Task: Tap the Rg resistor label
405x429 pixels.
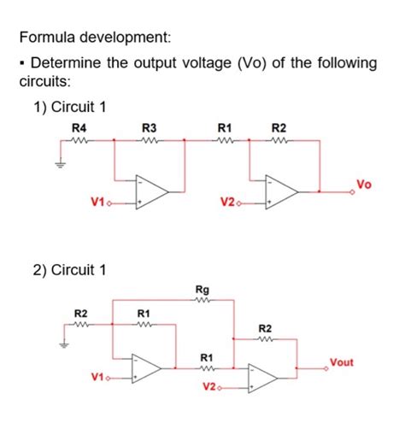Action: click(201, 290)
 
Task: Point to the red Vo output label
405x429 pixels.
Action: click(362, 183)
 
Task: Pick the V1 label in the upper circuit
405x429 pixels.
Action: click(97, 203)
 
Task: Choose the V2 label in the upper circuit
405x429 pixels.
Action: click(226, 203)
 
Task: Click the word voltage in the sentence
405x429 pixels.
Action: click(196, 64)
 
